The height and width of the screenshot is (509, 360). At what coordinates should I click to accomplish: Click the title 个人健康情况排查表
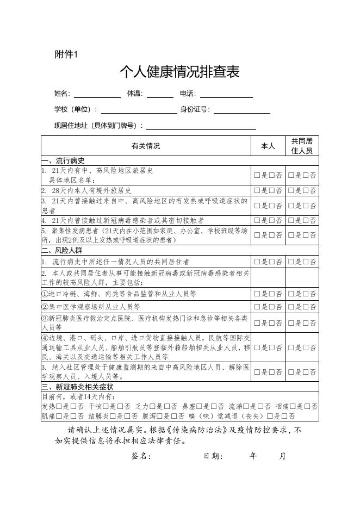pos(179,72)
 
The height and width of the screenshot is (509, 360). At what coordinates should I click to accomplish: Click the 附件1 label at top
pos(67,54)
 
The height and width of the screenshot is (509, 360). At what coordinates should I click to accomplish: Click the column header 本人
pos(269,146)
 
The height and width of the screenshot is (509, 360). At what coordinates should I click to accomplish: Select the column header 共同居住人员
pos(302,146)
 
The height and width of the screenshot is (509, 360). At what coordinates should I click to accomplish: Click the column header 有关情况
pos(146,146)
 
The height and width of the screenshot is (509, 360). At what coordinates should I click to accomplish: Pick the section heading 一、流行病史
pos(64,161)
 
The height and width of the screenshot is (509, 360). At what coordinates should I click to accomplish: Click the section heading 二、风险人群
pos(64,251)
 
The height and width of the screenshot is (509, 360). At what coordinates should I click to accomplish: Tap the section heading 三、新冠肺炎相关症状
pos(78,387)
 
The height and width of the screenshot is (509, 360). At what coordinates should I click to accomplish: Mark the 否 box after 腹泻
pos(173,417)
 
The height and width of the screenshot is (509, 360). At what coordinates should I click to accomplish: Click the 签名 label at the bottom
pos(141,456)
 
